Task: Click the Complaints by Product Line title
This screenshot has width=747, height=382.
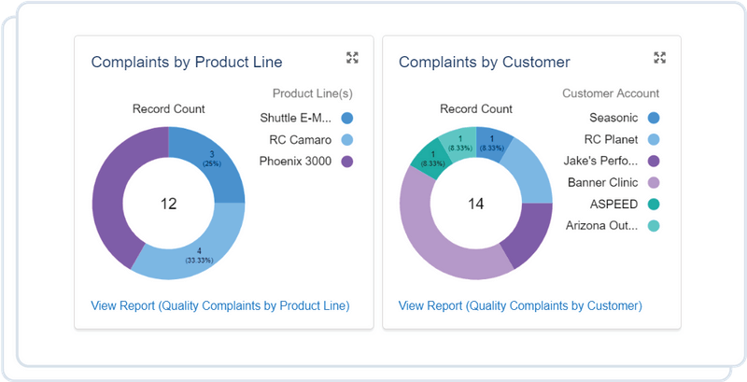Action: tap(186, 62)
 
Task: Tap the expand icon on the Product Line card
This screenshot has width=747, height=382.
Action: tap(352, 58)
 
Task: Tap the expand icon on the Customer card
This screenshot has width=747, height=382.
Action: tap(659, 58)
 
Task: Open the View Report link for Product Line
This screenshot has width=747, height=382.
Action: tap(219, 305)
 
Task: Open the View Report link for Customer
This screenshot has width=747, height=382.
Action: tap(519, 305)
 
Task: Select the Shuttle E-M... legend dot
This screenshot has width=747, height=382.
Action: tap(347, 119)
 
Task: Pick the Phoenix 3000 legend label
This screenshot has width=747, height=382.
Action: tap(295, 162)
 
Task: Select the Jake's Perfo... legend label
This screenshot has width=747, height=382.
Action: tap(602, 161)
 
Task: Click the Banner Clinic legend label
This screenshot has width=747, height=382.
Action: tap(602, 182)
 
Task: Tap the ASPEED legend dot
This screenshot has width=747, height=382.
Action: tap(654, 204)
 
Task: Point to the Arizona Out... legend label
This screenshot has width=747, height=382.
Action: tap(602, 225)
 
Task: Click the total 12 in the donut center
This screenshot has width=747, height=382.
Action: tap(168, 204)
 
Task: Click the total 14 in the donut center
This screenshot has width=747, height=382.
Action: tap(475, 204)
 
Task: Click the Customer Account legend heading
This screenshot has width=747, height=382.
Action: tap(611, 93)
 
